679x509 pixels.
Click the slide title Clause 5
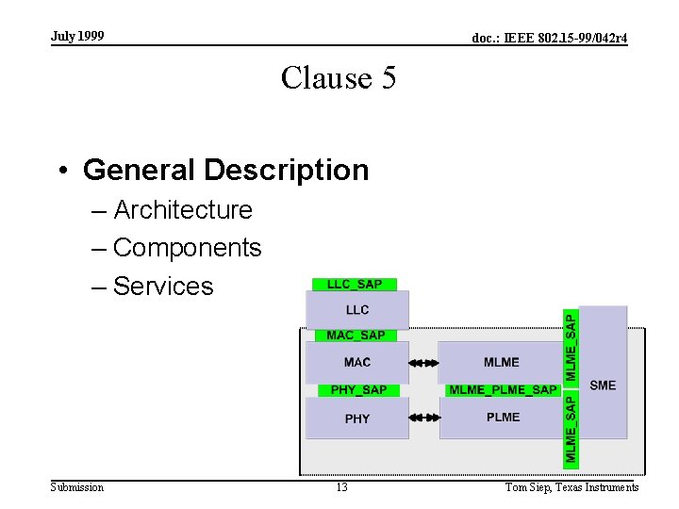tap(339, 77)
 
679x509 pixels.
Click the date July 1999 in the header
tap(77, 36)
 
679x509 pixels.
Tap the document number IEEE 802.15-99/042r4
tap(550, 38)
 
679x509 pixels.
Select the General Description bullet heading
tap(225, 170)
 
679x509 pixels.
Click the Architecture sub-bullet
tap(183, 209)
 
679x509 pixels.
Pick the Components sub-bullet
tap(187, 248)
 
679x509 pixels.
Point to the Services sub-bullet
tap(163, 287)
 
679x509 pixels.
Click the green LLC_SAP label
tap(355, 285)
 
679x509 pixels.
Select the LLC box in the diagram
tap(357, 309)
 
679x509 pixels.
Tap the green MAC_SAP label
tap(356, 335)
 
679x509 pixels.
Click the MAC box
tap(357, 362)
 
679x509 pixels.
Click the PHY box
tap(357, 419)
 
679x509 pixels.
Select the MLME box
tap(501, 362)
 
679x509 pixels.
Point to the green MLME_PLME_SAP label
tap(503, 390)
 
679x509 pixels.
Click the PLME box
tap(503, 418)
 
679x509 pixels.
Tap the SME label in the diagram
tap(603, 385)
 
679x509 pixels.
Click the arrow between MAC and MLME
tap(424, 362)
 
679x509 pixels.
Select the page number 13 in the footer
tap(341, 487)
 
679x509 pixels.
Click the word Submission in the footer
tap(77, 487)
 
